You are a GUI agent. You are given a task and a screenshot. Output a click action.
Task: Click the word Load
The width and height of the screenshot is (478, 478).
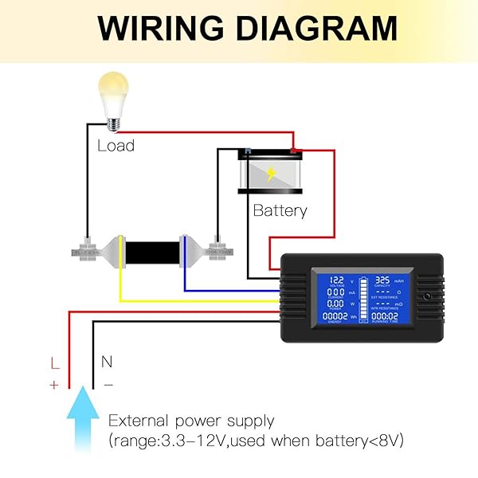[116, 146]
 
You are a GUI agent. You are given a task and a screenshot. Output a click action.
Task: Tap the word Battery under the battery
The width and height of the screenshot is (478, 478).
[280, 211]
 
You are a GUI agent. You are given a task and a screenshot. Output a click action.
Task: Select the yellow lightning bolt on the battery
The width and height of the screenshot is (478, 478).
[272, 173]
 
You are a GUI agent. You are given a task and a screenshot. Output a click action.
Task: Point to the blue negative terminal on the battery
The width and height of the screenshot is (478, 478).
[249, 151]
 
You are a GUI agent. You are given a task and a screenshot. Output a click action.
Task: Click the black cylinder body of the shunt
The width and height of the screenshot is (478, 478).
[152, 250]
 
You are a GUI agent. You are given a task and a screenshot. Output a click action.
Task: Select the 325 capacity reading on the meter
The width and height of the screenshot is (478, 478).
[382, 281]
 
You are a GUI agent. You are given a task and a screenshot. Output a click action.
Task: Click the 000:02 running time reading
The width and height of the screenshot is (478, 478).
[386, 316]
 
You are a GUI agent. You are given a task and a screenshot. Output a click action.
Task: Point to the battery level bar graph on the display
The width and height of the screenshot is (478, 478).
[362, 300]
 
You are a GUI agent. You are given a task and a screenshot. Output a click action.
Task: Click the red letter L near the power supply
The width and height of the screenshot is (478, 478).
[54, 363]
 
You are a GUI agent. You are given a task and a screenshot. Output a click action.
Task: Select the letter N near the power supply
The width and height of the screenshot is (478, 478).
[107, 362]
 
